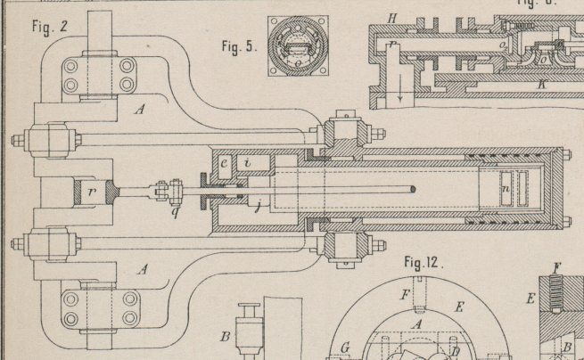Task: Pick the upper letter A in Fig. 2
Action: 138,110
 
